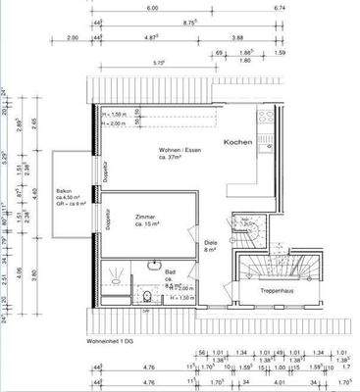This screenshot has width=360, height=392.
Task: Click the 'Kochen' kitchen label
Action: point(238,142)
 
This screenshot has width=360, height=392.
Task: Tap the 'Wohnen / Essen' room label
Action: point(178,150)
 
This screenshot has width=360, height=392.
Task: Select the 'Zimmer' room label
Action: point(146,217)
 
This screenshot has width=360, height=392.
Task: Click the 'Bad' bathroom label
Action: point(170,269)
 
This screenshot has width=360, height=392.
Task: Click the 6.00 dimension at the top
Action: point(152,8)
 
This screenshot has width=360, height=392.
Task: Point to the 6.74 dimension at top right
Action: point(304,8)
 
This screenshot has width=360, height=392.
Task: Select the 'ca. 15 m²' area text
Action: point(147,225)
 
